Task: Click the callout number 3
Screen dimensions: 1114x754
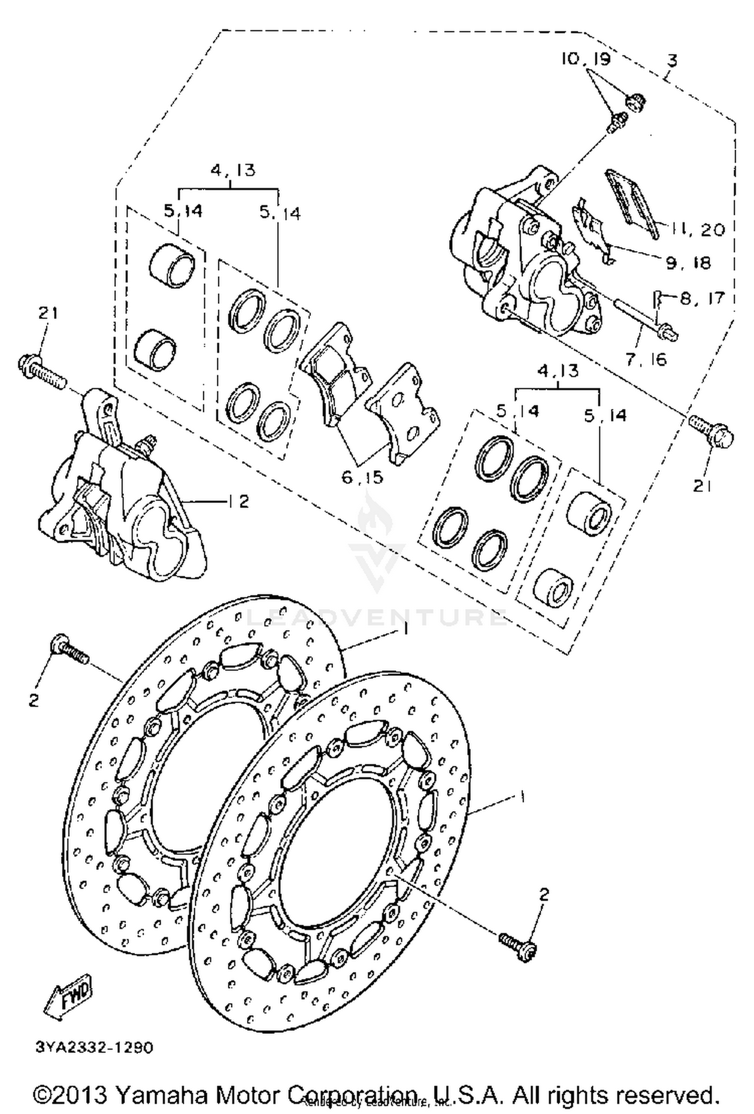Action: pos(672,61)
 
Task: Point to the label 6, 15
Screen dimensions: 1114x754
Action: pos(362,477)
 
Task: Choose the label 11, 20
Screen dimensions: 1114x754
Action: pos(696,230)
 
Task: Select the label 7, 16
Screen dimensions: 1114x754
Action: pos(646,359)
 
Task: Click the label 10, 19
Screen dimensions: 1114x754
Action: pos(586,59)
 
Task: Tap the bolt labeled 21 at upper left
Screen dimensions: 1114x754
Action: pos(42,369)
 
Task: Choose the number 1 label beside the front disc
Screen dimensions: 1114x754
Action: pos(523,797)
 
